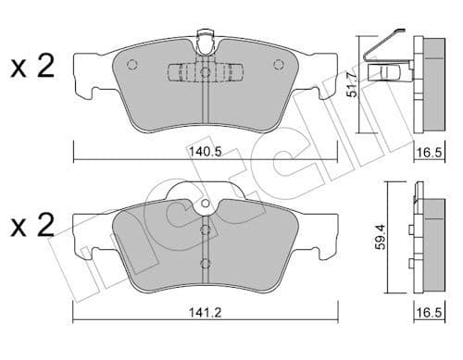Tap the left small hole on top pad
tap(131, 65)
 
